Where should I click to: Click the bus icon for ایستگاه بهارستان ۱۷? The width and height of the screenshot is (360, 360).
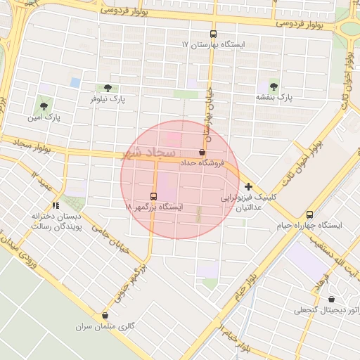pyautogui.click(x=214, y=34)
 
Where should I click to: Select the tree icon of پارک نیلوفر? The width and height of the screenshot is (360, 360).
pyautogui.click(x=108, y=88)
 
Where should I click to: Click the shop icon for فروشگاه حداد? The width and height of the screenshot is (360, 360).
pyautogui.click(x=202, y=152)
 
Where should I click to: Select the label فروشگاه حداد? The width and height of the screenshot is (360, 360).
pyautogui.click(x=202, y=162)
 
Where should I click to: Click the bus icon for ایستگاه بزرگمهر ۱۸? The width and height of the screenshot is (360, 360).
pyautogui.click(x=154, y=196)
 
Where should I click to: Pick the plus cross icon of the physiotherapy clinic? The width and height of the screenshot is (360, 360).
pyautogui.click(x=248, y=186)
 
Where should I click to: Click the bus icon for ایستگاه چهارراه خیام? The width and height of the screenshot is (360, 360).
pyautogui.click(x=310, y=214)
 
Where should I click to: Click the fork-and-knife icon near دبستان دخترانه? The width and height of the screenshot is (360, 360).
pyautogui.click(x=56, y=205)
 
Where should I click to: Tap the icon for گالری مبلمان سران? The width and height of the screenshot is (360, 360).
pyautogui.click(x=105, y=316)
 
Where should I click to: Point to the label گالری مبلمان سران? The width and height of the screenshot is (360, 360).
pyautogui.click(x=105, y=327)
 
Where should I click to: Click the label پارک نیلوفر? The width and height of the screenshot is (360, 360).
pyautogui.click(x=108, y=100)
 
